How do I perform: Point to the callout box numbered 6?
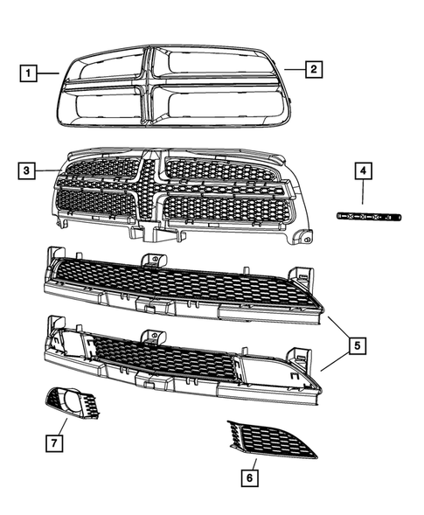click(x=249, y=477)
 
